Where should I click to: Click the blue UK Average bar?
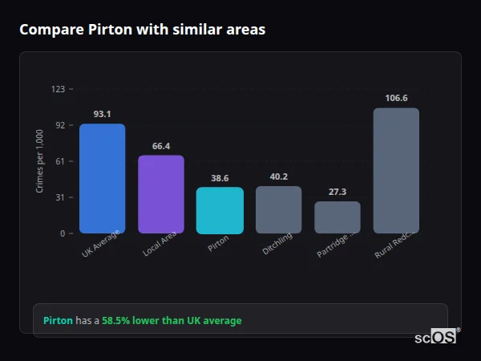[x=102, y=178]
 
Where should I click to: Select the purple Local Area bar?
[x=160, y=194]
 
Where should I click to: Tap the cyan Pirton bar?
[x=220, y=210]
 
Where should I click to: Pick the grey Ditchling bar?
[x=278, y=209]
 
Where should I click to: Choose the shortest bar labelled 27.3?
[x=338, y=217]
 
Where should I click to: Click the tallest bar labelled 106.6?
[x=396, y=170]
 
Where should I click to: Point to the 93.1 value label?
[x=102, y=115]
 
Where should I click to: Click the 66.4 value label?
[x=160, y=146]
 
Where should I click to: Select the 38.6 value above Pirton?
[x=220, y=178]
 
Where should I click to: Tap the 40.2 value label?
[x=278, y=176]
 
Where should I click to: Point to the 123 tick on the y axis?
[x=58, y=89]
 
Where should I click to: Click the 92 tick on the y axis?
[x=59, y=125]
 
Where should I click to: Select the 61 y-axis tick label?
[x=59, y=161]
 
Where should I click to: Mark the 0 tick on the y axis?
[x=62, y=233]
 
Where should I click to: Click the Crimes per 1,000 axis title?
[x=40, y=161]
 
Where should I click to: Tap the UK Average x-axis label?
[x=101, y=244]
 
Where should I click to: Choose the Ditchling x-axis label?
[x=278, y=243]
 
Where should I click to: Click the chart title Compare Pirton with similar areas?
[x=142, y=30]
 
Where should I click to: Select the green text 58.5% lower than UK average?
[x=171, y=320]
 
